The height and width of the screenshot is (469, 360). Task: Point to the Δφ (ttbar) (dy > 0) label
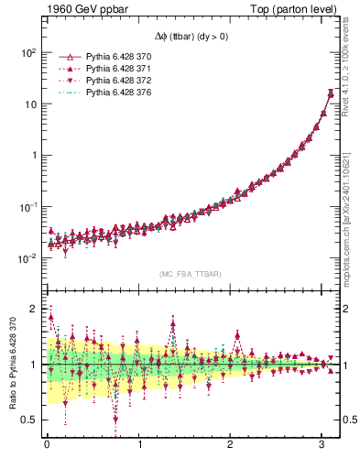[190, 35]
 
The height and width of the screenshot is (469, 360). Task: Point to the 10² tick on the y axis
[27, 52]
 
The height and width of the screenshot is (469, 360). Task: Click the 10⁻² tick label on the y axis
[27, 258]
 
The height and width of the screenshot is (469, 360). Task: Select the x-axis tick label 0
[47, 446]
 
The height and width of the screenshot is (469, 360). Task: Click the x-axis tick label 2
[231, 446]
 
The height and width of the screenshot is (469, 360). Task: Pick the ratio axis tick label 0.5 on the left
[29, 420]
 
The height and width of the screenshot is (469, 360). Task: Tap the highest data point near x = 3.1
[331, 93]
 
